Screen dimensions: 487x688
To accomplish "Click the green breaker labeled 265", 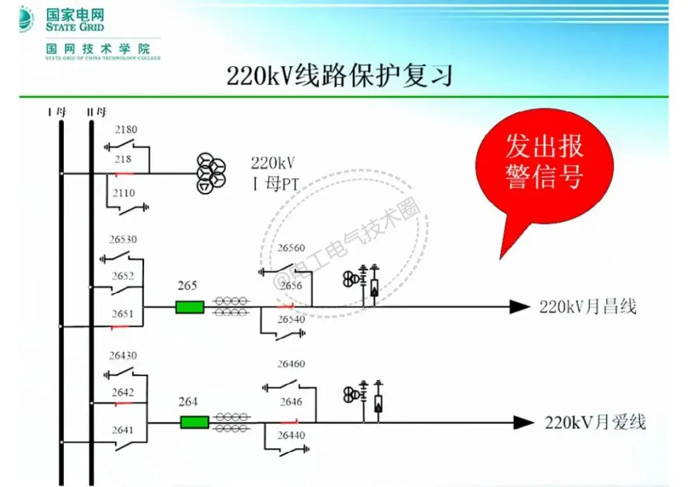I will (190, 307).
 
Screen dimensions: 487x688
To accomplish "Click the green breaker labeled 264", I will (194, 422).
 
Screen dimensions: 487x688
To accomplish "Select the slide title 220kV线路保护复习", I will (339, 76).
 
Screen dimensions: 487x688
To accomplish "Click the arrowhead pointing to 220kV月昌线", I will (520, 307).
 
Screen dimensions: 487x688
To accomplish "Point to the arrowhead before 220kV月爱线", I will (524, 422).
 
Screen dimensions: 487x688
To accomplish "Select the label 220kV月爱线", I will (595, 422).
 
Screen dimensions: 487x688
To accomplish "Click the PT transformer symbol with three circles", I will (211, 173).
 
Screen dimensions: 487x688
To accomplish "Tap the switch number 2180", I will (125, 129).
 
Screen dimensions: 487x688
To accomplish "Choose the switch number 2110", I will (125, 193).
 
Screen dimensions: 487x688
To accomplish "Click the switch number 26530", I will (122, 240).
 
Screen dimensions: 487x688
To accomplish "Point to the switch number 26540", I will (291, 319).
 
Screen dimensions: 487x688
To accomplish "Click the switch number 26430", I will (122, 356).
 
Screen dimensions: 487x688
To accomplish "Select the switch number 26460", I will (291, 364).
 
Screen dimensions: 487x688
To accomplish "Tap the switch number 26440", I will (291, 435).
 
